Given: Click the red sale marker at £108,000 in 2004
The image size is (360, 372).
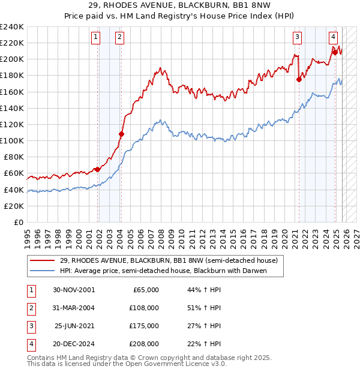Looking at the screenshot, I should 121,134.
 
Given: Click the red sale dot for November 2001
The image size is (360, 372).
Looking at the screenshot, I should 97,169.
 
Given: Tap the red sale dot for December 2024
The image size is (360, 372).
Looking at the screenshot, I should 334,52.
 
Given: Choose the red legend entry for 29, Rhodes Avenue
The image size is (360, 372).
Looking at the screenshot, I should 169,261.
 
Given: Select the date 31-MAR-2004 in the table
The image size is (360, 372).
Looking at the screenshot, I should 70,307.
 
